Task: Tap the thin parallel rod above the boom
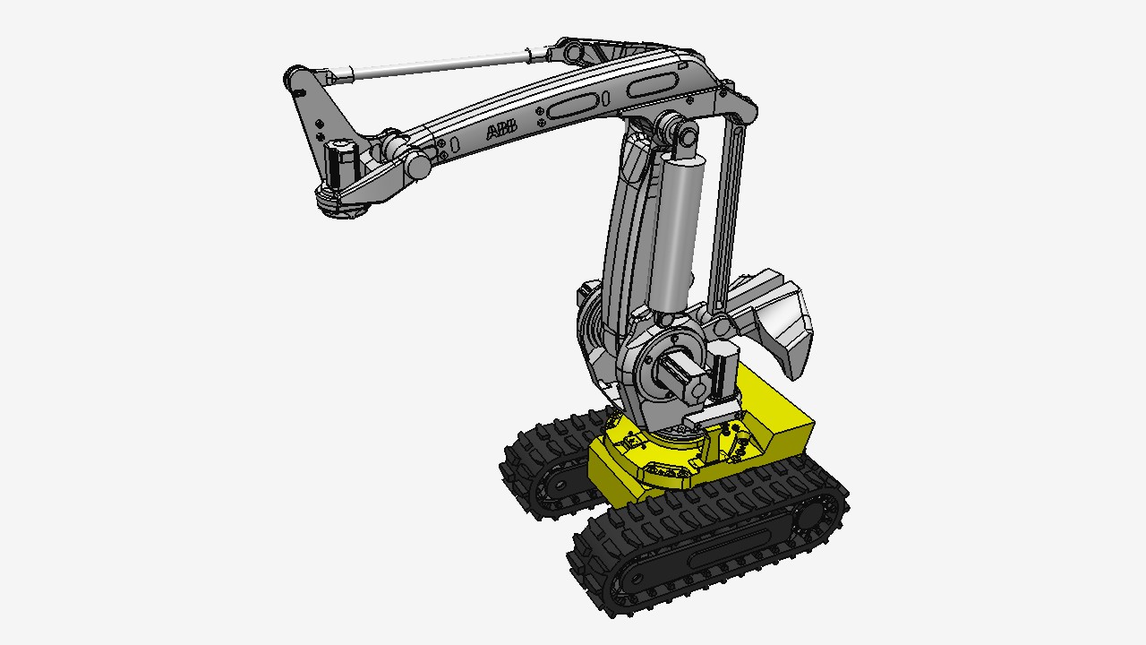point(440,65)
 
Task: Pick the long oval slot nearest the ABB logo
point(572,106)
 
